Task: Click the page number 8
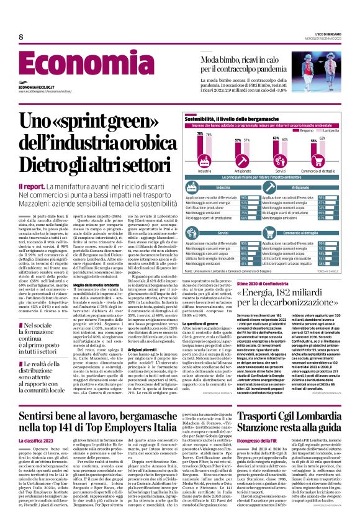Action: (x=21, y=38)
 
